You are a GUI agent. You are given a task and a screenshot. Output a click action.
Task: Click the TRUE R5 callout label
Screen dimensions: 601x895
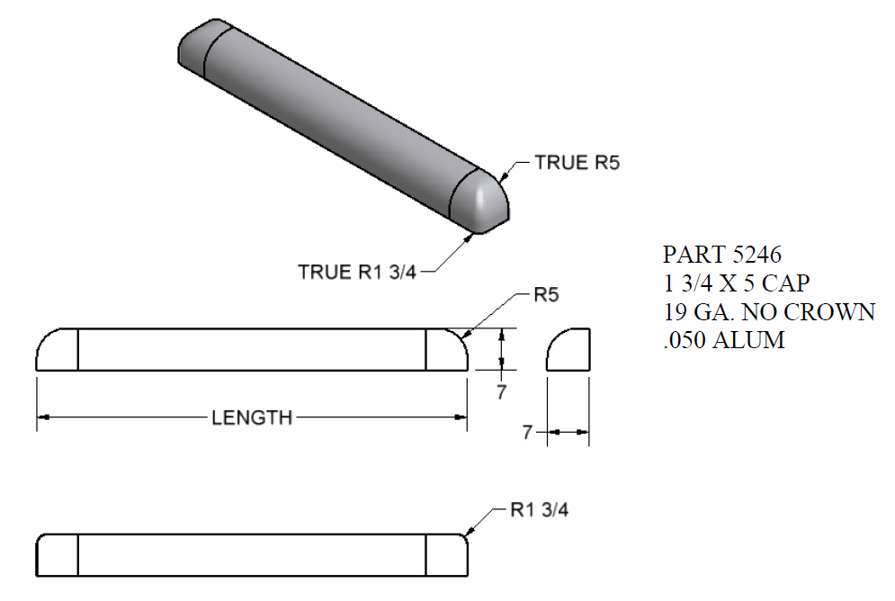[577, 163]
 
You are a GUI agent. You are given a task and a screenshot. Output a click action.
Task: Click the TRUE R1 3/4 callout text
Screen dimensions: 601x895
[357, 272]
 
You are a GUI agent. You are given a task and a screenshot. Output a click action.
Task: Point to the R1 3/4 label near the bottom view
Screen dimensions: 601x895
[539, 510]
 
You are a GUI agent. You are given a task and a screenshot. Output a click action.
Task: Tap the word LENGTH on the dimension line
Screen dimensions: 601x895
[252, 417]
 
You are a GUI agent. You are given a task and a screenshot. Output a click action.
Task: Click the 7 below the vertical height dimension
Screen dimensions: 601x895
[502, 391]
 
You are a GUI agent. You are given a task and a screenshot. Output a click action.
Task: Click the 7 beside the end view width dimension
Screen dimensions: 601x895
[528, 434]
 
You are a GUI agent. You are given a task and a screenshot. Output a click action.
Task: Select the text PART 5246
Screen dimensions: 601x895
[714, 255]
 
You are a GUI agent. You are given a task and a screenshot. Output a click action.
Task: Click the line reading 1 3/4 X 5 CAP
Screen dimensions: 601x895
[736, 283]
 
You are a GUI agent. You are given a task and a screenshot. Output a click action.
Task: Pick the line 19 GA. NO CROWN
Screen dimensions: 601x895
[768, 311]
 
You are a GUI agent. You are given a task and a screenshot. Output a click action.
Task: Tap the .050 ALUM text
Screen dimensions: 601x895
[723, 340]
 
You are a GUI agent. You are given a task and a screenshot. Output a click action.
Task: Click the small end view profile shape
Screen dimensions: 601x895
[568, 350]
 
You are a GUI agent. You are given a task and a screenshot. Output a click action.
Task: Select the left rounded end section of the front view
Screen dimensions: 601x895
[58, 350]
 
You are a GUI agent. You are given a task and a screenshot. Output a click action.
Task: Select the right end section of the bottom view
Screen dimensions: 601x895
[445, 555]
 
